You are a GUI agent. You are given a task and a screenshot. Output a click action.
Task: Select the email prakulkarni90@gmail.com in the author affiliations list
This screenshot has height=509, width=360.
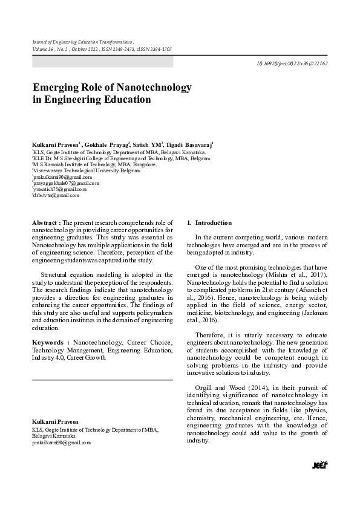click(x=59, y=177)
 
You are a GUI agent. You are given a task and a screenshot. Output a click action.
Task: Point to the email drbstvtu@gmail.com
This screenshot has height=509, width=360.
click(x=56, y=196)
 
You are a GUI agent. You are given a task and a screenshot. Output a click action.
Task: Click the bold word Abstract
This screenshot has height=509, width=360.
click(x=46, y=223)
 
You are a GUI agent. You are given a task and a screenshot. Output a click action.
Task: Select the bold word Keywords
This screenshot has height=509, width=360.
click(x=48, y=342)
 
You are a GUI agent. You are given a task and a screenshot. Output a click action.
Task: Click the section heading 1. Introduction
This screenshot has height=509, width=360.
click(x=201, y=223)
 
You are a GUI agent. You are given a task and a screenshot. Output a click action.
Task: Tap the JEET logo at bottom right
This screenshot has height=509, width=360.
click(x=319, y=464)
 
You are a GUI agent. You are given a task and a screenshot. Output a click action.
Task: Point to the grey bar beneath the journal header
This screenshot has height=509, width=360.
click(x=102, y=62)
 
